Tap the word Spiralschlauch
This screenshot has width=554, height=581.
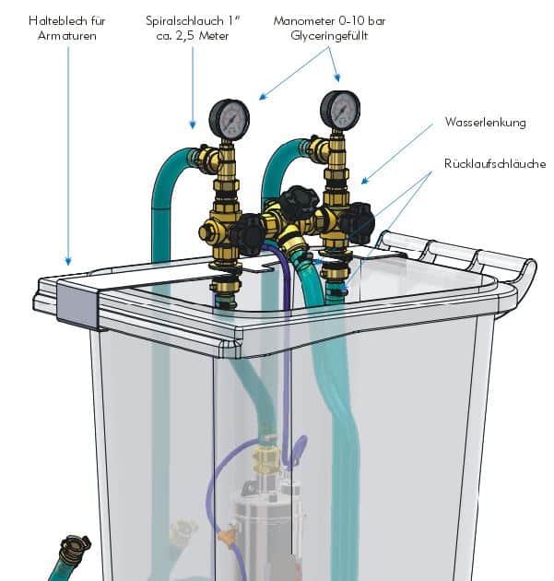point(184,20)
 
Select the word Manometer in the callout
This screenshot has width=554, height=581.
point(303,20)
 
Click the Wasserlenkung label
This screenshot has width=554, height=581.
point(485,123)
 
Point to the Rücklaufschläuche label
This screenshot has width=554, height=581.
point(495,163)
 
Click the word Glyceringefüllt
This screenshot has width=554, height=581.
point(329,36)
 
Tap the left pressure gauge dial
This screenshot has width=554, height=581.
point(230,119)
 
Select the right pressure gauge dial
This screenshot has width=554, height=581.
point(340,110)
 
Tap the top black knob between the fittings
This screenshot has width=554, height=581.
point(299,199)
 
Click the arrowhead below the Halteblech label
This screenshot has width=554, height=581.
point(68,261)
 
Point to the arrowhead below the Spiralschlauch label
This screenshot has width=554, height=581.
point(193,125)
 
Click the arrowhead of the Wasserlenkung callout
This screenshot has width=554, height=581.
point(365,181)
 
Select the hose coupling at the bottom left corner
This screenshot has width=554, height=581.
point(74,549)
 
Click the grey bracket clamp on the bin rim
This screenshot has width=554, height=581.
point(77,303)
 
